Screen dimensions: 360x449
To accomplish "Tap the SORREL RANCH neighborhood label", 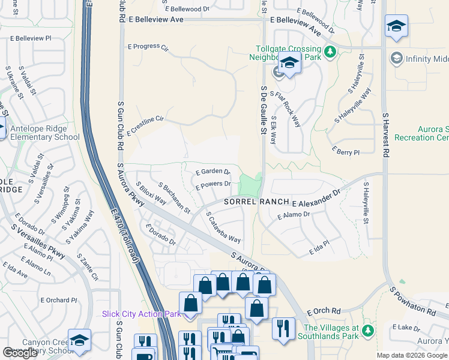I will (x=257, y=203).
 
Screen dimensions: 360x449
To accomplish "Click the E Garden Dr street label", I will (x=213, y=172).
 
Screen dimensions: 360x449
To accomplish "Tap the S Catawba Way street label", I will (x=223, y=226).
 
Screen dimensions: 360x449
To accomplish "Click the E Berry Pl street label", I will (x=345, y=152).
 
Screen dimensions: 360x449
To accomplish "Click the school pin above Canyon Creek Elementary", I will (x=79, y=340).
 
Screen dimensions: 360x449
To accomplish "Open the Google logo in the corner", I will (x=20, y=352).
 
